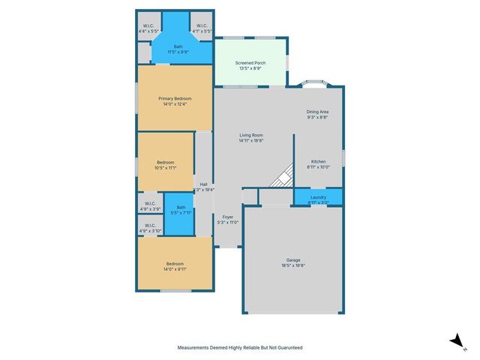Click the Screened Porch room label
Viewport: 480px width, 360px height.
(250, 64)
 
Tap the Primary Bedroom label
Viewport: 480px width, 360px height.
(175, 99)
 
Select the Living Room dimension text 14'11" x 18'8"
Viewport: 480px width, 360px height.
(250, 140)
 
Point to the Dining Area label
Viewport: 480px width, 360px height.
(317, 112)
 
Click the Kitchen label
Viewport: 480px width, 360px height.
(318, 162)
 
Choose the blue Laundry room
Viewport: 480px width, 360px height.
(318, 198)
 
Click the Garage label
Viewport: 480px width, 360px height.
(292, 262)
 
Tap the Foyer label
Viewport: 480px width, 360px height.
(227, 217)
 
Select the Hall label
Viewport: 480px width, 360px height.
(203, 184)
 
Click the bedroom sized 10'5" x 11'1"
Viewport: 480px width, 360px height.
(166, 163)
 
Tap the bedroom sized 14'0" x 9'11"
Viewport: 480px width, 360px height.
(174, 264)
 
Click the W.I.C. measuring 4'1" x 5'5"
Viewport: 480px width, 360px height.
(202, 28)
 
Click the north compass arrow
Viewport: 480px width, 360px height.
(455, 341)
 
